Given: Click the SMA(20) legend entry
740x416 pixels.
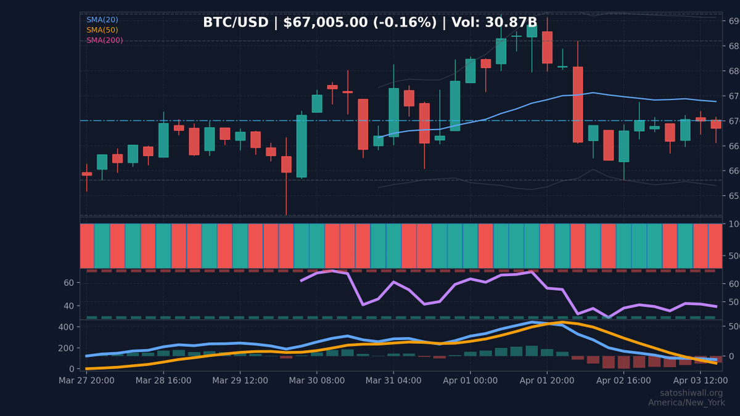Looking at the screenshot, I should (x=102, y=20).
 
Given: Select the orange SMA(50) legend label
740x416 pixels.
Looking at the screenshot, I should (x=102, y=30).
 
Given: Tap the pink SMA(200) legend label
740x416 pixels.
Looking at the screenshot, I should (x=104, y=41).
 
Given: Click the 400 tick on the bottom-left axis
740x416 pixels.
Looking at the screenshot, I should (x=66, y=327).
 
